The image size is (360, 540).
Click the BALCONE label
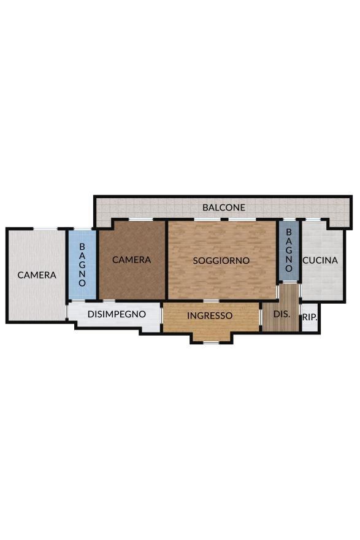[x=224, y=207]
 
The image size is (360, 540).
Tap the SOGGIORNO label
[x=221, y=261]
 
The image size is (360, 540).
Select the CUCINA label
[x=320, y=260]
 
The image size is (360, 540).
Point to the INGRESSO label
[x=210, y=315]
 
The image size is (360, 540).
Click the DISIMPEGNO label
[x=117, y=314]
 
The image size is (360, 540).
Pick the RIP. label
[x=310, y=317]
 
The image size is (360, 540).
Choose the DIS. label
[x=281, y=314]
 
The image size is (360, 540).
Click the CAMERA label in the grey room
[x=37, y=275]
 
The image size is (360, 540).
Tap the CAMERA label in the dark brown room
[x=131, y=260]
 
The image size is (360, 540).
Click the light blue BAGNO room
[x=82, y=264]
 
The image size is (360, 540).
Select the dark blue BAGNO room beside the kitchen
[x=289, y=251]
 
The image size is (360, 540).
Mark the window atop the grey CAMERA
[x=45, y=229]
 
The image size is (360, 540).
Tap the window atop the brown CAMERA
[x=141, y=220]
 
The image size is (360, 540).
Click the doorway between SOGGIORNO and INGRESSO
[x=209, y=301]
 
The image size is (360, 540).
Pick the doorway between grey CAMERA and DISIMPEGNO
[x=66, y=312]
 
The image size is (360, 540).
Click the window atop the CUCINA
[x=313, y=220]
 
